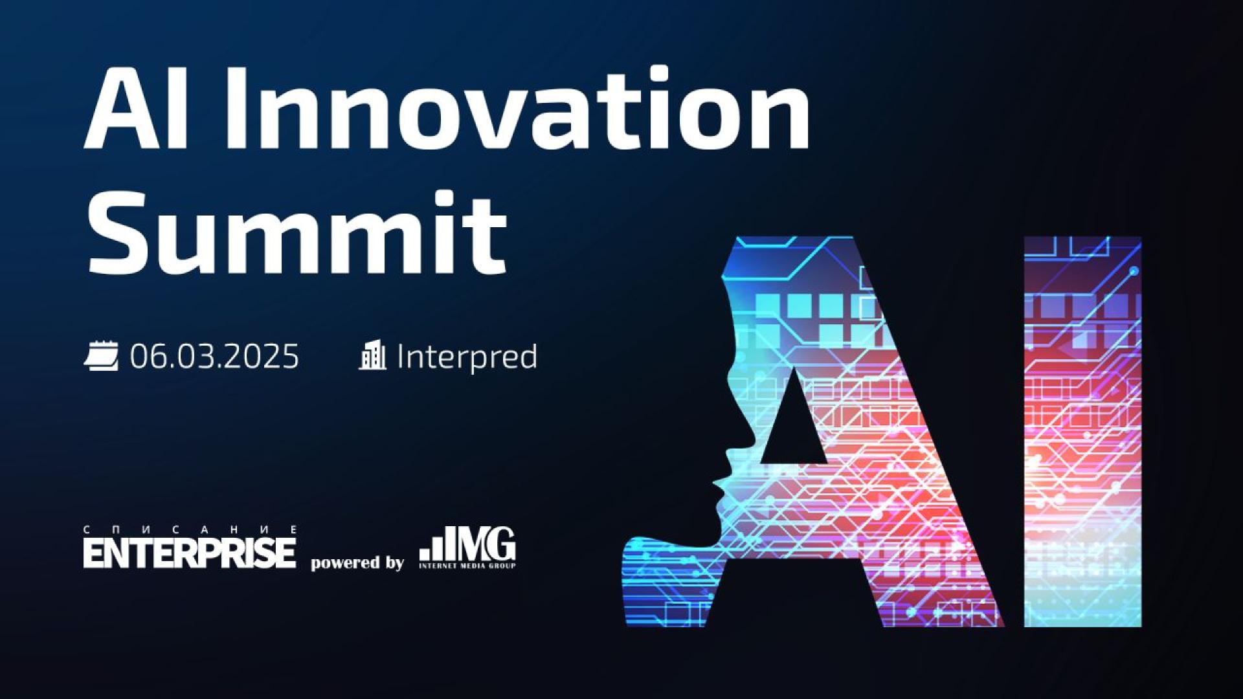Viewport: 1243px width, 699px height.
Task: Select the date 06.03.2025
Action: (214, 357)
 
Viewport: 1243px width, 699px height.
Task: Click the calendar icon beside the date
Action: (101, 357)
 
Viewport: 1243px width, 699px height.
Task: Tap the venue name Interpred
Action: (467, 357)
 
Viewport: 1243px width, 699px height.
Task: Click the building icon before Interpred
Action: (372, 355)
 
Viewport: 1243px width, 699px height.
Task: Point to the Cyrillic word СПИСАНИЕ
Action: (189, 529)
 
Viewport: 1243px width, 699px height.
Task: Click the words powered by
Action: (357, 563)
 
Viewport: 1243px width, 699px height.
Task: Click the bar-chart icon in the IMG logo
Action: (433, 549)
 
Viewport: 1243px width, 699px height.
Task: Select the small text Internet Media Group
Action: (467, 566)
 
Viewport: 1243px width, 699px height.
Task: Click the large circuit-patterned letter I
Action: (1082, 432)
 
